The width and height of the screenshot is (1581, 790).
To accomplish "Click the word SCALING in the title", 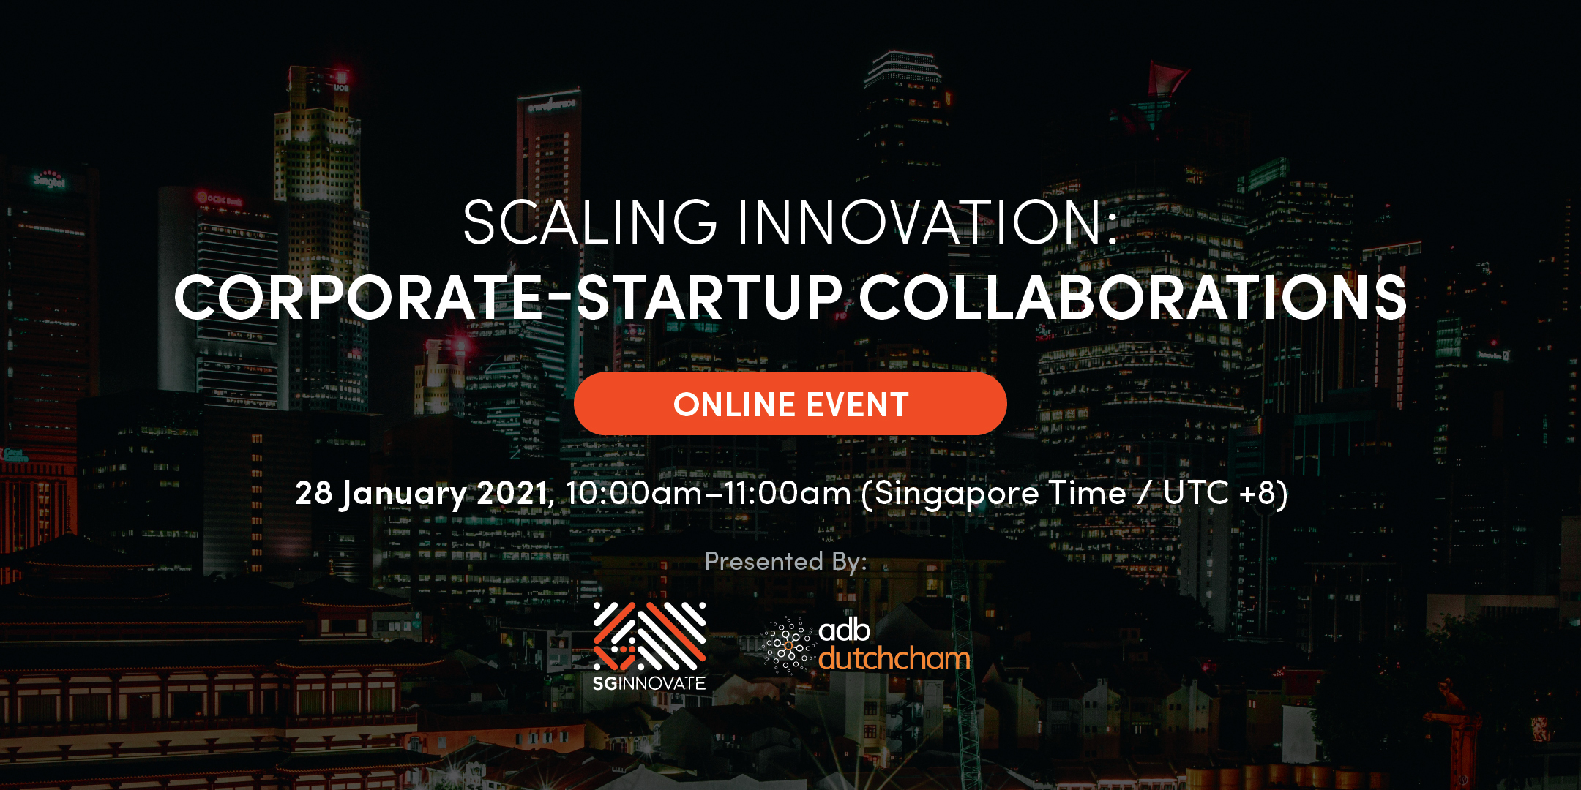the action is pyautogui.click(x=590, y=222).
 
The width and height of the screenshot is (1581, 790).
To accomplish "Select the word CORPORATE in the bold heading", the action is pyautogui.click(x=359, y=298).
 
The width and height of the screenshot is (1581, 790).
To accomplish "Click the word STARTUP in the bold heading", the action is pyautogui.click(x=710, y=298).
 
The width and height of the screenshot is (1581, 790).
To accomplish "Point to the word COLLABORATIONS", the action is pyautogui.click(x=1133, y=298).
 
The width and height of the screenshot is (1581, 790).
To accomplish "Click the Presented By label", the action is pyautogui.click(x=785, y=562).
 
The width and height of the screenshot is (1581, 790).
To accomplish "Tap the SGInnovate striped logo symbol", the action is pyautogui.click(x=649, y=636).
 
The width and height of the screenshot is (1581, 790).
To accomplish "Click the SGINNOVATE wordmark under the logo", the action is pyautogui.click(x=649, y=683).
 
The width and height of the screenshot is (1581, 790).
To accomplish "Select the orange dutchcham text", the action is pyautogui.click(x=894, y=658).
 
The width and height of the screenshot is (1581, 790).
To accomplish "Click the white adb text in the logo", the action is pyautogui.click(x=844, y=629).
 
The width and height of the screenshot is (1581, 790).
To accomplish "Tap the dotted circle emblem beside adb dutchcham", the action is pyautogui.click(x=788, y=645).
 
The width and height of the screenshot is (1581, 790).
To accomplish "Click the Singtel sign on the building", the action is pyautogui.click(x=50, y=179).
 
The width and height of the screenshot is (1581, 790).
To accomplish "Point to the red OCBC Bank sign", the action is pyautogui.click(x=219, y=198).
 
